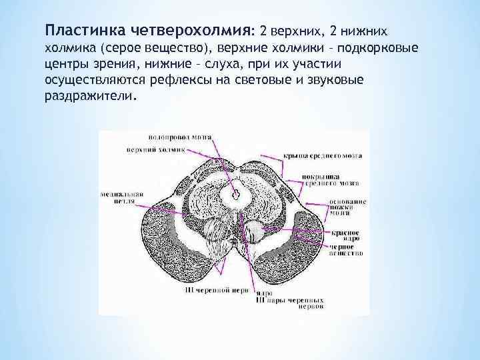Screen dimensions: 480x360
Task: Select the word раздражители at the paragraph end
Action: coord(89,95)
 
